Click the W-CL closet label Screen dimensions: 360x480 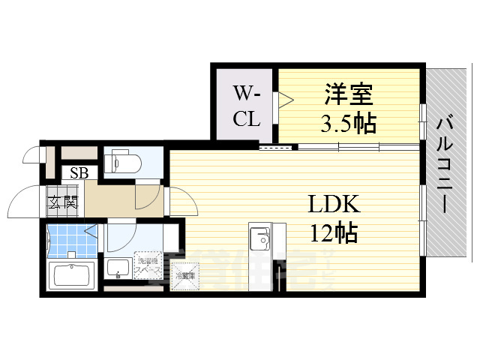click(x=245, y=106)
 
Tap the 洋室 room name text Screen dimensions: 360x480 click(x=348, y=96)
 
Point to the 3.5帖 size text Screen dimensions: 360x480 click(x=348, y=123)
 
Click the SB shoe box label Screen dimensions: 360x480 click(x=79, y=173)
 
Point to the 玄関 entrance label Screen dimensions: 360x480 click(x=64, y=201)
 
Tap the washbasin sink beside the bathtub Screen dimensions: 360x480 click(x=118, y=268)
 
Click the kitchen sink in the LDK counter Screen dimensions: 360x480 click(x=262, y=240)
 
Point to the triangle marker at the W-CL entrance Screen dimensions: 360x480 click(x=284, y=100)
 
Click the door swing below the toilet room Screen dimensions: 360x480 click(x=145, y=196)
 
